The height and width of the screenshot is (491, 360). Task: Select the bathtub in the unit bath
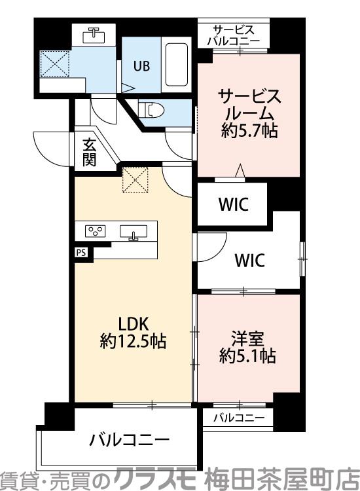[176, 65]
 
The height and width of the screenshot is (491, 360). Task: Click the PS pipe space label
[81, 251]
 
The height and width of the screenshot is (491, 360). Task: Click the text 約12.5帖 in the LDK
[133, 341]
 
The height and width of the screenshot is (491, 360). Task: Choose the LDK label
[134, 323]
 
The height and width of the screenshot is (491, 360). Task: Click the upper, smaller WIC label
[232, 204]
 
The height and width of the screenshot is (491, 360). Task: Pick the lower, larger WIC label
[249, 261]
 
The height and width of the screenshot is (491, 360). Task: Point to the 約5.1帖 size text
[247, 357]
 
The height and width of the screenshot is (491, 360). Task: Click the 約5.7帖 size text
[249, 130]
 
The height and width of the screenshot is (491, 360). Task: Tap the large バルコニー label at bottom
[130, 439]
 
